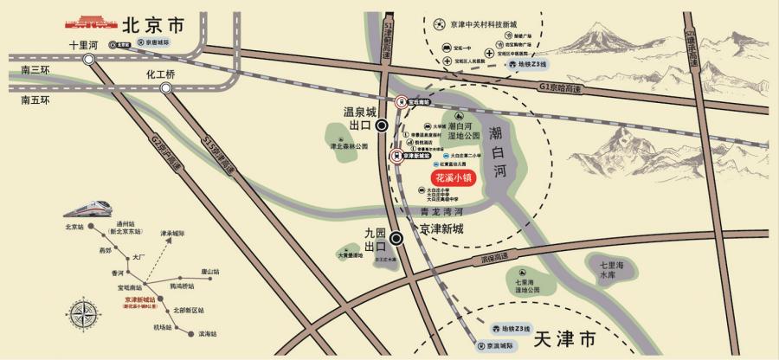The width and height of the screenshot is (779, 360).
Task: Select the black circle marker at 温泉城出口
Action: pyautogui.click(x=382, y=125)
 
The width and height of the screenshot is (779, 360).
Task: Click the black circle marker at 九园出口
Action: pyautogui.click(x=396, y=239)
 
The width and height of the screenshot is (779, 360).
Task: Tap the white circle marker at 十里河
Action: pyautogui.click(x=90, y=60)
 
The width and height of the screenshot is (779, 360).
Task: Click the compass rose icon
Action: pyautogui.click(x=83, y=315)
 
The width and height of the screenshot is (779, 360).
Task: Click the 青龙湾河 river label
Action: pyautogui.click(x=442, y=211)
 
